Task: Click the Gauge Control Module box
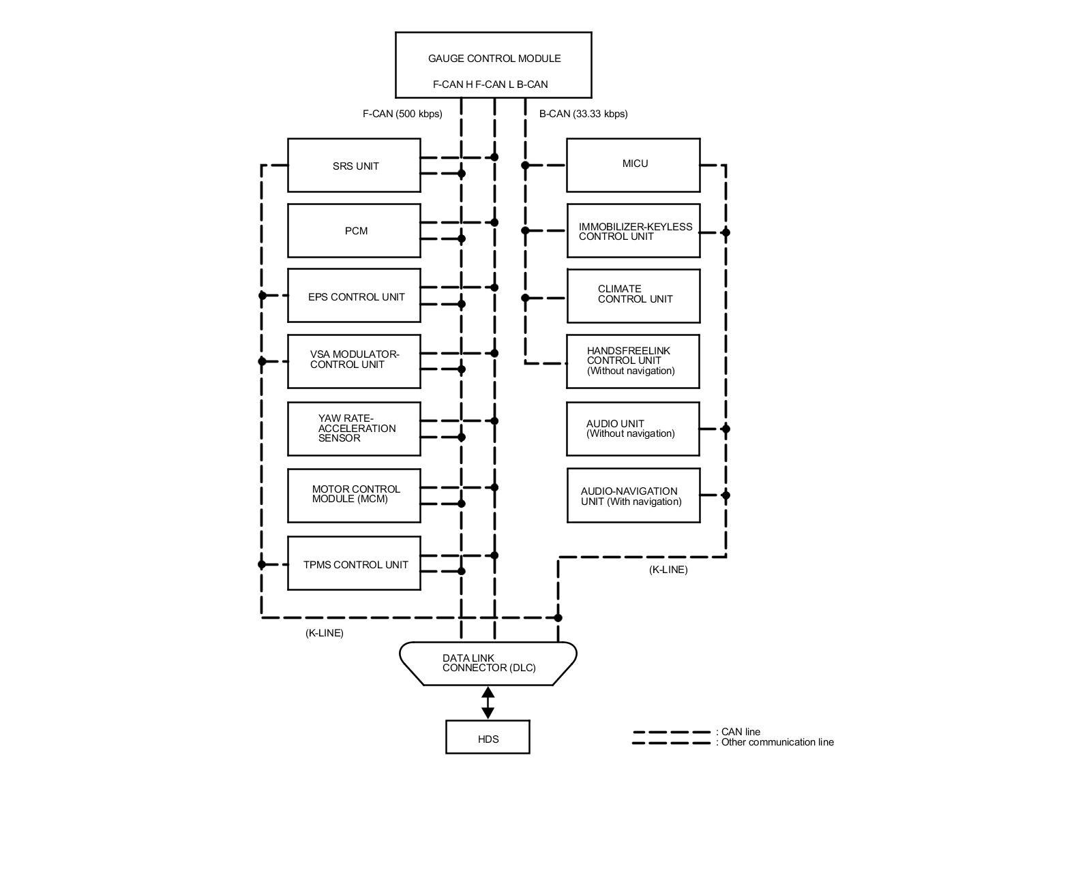point(493,65)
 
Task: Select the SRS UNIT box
point(354,166)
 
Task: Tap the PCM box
point(354,231)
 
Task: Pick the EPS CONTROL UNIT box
point(354,296)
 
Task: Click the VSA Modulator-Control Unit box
point(354,361)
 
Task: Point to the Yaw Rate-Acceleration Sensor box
point(354,429)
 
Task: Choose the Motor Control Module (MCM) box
point(354,495)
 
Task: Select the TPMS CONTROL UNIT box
point(354,564)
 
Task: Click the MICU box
point(633,165)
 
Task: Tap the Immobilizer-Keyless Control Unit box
point(633,231)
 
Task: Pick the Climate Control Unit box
point(633,296)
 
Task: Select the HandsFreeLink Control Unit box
point(633,361)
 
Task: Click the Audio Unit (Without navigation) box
point(633,429)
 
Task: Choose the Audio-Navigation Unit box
point(633,495)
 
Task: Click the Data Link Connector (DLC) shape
point(488,663)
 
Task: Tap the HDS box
point(488,737)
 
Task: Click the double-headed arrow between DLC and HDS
point(488,703)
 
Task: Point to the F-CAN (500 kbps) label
point(402,114)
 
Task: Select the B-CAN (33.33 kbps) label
point(583,114)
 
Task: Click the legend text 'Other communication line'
point(777,742)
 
